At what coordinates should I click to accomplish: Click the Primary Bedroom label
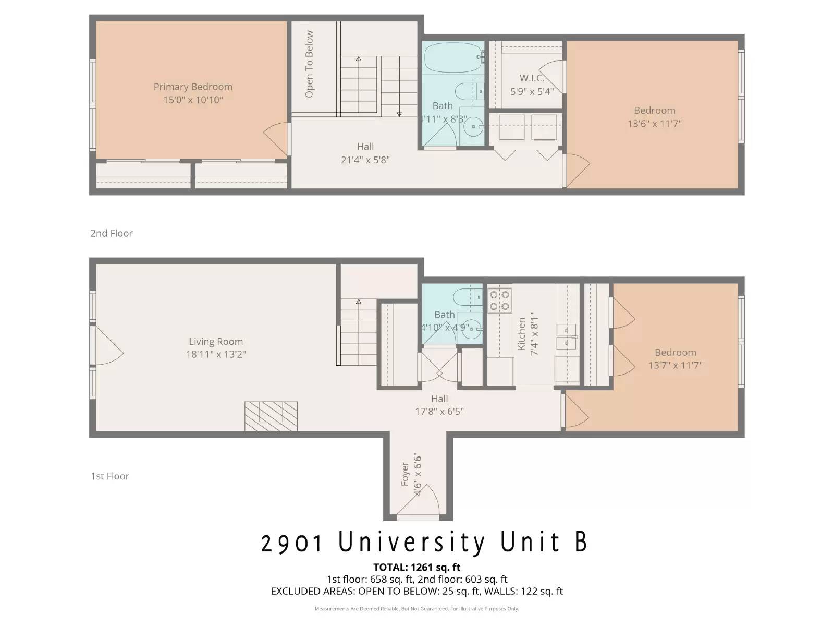click(193, 87)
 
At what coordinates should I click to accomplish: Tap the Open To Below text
click(309, 64)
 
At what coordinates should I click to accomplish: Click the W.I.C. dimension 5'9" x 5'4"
click(532, 91)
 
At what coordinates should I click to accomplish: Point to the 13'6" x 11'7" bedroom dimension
click(655, 124)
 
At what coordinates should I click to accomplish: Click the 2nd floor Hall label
click(365, 147)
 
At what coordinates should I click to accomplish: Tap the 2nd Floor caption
click(112, 233)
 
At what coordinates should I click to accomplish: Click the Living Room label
click(216, 342)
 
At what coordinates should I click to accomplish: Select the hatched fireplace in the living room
click(271, 416)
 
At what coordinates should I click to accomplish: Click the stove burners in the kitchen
click(499, 300)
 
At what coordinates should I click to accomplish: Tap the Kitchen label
click(522, 334)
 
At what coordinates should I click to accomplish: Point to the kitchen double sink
click(566, 336)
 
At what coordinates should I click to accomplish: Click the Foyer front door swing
click(425, 500)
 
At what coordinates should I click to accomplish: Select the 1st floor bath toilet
click(467, 298)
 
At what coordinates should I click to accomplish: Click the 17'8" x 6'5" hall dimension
click(439, 411)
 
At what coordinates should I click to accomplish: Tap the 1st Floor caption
click(110, 476)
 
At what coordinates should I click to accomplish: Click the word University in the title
click(412, 542)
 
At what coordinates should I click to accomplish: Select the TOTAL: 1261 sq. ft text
click(416, 567)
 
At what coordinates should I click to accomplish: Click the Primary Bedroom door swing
click(276, 138)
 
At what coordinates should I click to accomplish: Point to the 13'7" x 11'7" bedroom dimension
click(675, 365)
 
